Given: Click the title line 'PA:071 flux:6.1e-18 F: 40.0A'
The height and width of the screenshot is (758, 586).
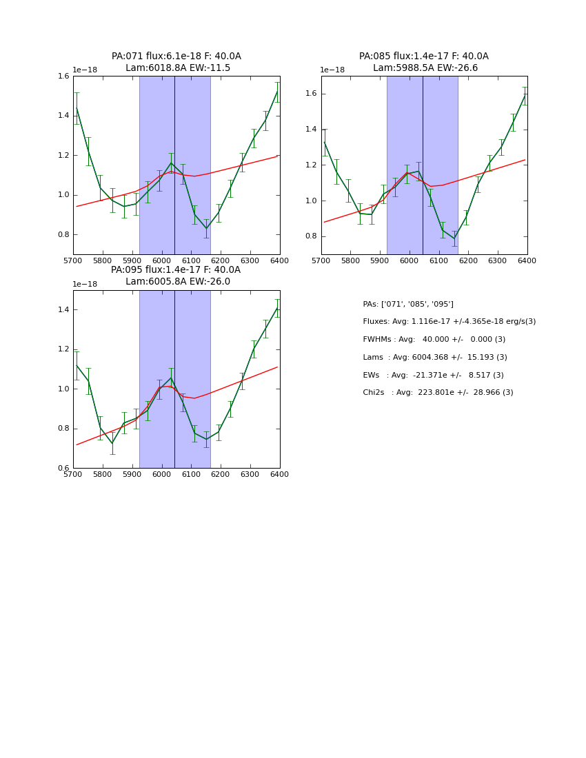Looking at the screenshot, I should [176, 57].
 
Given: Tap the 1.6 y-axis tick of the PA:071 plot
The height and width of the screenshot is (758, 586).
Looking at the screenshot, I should [63, 76].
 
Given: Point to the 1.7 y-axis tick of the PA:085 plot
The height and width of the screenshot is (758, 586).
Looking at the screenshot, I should [312, 76].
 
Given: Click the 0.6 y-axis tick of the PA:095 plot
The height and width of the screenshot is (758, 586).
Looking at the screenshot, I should [63, 469].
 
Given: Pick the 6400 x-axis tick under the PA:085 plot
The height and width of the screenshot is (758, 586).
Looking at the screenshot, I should [527, 261].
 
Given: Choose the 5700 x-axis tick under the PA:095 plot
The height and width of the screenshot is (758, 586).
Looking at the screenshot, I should [73, 475].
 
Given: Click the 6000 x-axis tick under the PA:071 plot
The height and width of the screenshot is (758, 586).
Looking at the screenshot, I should [161, 261].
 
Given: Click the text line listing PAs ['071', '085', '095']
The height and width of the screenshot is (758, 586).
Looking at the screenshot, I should [408, 304].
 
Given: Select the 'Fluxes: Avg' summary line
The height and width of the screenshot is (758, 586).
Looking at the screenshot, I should [449, 322].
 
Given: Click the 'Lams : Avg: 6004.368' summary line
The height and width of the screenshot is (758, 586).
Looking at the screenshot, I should [434, 358].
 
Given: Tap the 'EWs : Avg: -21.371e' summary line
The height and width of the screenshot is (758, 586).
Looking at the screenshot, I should [433, 376].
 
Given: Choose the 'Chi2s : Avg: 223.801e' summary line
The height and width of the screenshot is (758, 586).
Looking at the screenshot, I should [438, 393].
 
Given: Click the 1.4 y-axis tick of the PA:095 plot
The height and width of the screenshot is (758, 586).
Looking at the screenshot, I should [63, 310].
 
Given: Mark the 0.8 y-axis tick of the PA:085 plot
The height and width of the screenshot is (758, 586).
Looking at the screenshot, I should [312, 236].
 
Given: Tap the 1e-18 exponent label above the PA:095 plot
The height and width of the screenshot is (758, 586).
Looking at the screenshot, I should [85, 284].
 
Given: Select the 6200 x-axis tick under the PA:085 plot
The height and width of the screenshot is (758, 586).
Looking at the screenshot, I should [468, 261].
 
